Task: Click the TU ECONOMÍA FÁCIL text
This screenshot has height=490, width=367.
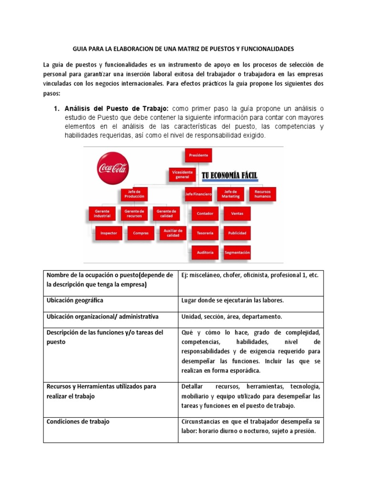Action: point(229,176)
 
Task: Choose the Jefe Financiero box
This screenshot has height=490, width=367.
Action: point(199,194)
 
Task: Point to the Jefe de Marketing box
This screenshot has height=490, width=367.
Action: point(231,194)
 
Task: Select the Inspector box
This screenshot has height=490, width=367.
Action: point(109,233)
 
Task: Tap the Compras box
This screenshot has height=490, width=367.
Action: point(141,233)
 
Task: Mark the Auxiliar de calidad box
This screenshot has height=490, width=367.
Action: point(173,233)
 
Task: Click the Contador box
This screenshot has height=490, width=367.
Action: point(205,213)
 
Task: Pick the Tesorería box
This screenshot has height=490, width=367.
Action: point(205,233)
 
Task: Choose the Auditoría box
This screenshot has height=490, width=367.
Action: point(205,252)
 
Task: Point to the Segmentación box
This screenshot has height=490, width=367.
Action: point(237,252)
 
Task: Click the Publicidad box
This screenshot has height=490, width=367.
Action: point(237,233)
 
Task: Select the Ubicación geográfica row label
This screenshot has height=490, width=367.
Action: point(75,300)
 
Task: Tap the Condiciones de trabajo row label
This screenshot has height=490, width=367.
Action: point(78,422)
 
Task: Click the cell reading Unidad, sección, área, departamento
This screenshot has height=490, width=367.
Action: point(232,317)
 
